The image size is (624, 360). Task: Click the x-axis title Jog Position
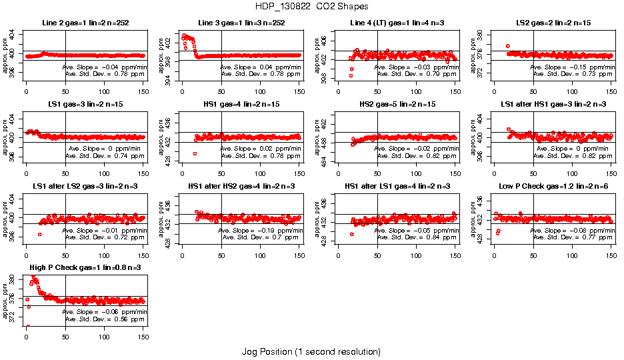coord(311,351)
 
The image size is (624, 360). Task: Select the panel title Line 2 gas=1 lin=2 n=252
coord(85,23)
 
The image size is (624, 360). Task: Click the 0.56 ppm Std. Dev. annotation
coord(105,319)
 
